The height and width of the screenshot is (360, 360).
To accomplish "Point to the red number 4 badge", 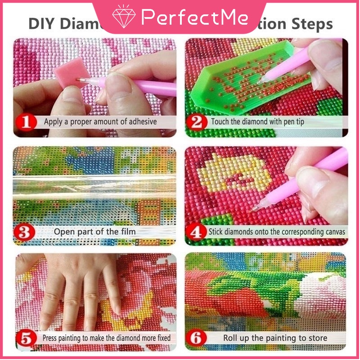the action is pyautogui.click(x=197, y=232).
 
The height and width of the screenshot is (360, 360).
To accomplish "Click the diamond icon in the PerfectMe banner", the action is pyautogui.click(x=124, y=17).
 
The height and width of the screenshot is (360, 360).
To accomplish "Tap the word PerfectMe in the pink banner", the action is pyautogui.click(x=194, y=18).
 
